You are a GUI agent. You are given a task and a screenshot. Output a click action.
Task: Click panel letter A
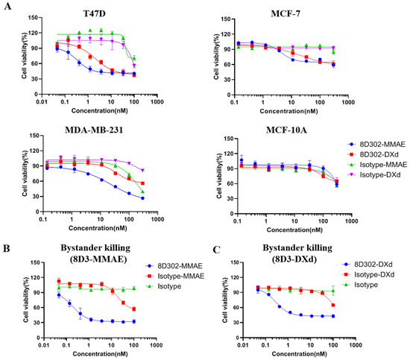[6, 6]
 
